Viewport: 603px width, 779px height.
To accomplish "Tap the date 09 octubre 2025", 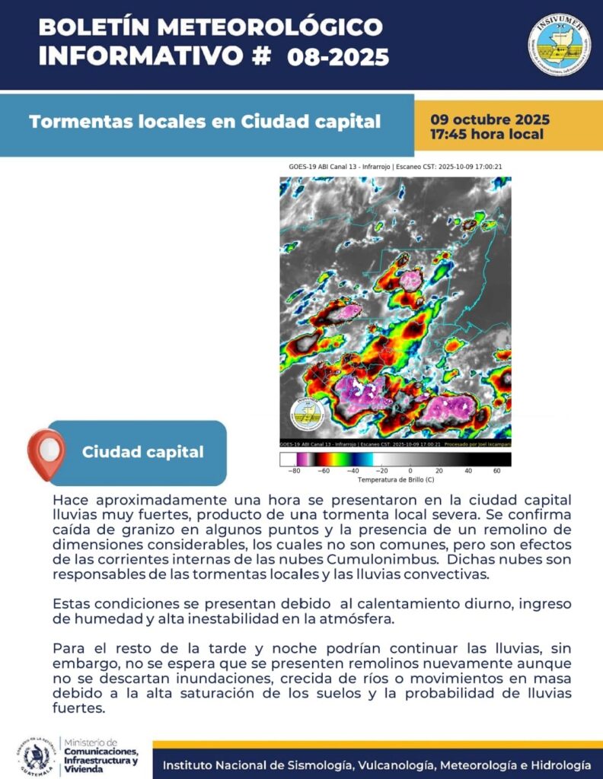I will click(490, 120).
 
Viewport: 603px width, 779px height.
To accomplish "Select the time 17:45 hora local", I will click(487, 135).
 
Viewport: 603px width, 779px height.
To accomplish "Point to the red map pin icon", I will click(46, 453).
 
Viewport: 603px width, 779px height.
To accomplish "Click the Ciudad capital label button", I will click(142, 452).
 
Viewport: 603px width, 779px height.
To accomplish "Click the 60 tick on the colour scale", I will click(497, 471).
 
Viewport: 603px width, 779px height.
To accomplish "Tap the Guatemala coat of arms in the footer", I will click(36, 758).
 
